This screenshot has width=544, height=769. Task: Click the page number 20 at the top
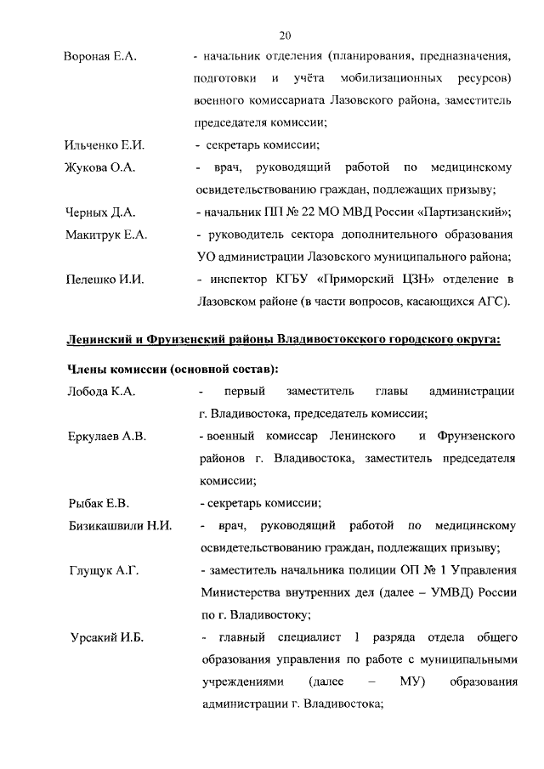[285, 35]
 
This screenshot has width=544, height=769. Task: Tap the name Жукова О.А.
[100, 167]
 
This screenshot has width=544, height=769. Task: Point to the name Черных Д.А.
[100, 212]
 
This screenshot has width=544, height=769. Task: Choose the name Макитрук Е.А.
[106, 235]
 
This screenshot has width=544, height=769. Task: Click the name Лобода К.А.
[101, 392]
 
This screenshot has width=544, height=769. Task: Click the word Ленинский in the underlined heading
[103, 341]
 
